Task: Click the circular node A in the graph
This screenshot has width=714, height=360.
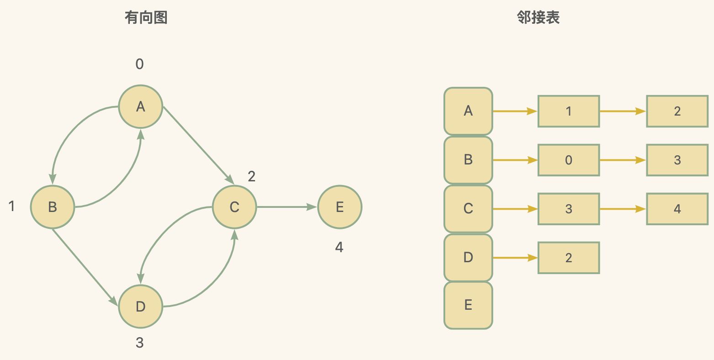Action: [141, 107]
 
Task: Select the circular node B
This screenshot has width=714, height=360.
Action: [53, 207]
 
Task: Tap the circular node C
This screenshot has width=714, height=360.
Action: [234, 207]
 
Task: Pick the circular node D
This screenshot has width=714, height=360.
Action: [141, 307]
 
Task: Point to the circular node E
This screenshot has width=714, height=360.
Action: [340, 207]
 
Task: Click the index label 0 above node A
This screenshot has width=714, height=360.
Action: [139, 64]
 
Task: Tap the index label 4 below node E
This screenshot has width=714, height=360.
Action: [339, 247]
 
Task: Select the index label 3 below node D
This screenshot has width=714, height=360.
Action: [139, 343]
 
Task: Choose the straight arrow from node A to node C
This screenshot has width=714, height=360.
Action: [199, 146]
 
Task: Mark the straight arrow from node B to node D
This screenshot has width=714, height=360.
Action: [85, 267]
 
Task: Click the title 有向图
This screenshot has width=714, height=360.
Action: [146, 17]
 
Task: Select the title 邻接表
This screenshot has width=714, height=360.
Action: [538, 17]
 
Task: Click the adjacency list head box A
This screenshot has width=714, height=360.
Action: [468, 111]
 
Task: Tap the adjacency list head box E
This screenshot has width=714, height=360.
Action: [468, 305]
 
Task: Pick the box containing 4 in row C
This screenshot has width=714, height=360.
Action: [677, 209]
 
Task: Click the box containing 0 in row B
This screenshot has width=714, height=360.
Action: [569, 160]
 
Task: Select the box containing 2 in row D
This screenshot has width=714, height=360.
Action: [569, 258]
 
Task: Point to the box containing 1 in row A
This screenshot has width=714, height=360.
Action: [569, 111]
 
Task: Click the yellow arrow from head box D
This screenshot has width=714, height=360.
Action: [515, 257]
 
